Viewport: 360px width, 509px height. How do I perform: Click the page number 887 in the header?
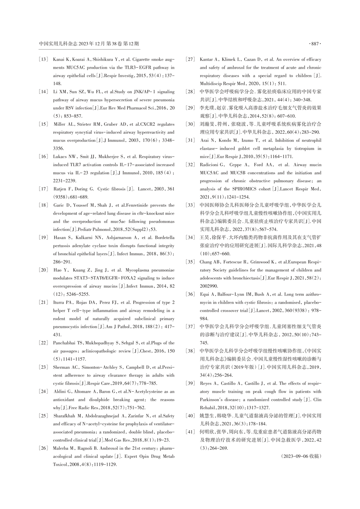coord(314,44)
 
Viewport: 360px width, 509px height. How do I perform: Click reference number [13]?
coord(43,59)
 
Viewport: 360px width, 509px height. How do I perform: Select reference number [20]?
coord(43,270)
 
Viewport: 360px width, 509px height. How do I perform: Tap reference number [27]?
coord(190,59)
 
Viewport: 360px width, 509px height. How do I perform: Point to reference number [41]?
coord(190,432)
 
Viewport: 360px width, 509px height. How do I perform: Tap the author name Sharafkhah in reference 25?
coord(65,416)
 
